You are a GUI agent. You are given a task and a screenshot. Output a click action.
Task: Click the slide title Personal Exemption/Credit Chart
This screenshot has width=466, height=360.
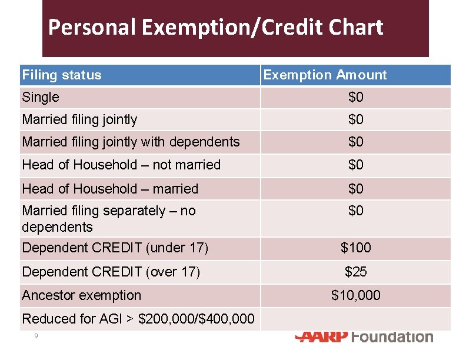[x=215, y=27]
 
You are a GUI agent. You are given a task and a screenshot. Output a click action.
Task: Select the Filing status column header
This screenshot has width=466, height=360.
[x=62, y=75]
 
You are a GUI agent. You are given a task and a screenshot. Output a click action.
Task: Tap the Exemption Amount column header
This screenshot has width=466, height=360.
[x=325, y=75]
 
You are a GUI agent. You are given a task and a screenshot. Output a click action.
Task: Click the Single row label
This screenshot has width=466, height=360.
[x=41, y=97]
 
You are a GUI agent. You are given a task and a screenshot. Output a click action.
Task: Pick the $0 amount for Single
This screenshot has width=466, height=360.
[x=355, y=97]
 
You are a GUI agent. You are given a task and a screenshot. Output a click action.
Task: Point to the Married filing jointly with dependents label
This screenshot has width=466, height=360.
[x=131, y=142]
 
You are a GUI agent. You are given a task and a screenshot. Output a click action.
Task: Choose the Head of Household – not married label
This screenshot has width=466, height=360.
[x=121, y=165]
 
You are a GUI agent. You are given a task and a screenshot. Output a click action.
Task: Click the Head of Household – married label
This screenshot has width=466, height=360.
[x=110, y=189]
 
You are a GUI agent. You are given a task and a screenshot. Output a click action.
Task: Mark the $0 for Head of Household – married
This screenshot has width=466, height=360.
[x=355, y=189]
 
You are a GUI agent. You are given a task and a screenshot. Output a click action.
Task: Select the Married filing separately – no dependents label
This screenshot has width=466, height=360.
[x=109, y=218]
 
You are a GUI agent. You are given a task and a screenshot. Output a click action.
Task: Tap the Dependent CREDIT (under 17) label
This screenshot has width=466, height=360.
[x=115, y=248]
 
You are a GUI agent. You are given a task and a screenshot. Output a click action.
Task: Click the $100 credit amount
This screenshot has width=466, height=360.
[x=355, y=248]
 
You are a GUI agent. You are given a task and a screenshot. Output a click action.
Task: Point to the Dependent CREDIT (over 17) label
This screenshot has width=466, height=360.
[x=111, y=272]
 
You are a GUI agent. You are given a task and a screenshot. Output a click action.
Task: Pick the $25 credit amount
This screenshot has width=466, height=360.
[x=355, y=272]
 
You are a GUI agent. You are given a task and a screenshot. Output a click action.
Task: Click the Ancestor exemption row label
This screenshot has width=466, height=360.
[x=82, y=295]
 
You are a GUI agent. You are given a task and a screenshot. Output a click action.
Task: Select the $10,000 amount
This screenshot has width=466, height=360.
[x=355, y=295]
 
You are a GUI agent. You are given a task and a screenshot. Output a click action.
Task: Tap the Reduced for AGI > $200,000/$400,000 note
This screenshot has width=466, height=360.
[x=138, y=319]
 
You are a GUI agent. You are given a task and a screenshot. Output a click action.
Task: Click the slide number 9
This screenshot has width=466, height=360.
[x=36, y=336]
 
